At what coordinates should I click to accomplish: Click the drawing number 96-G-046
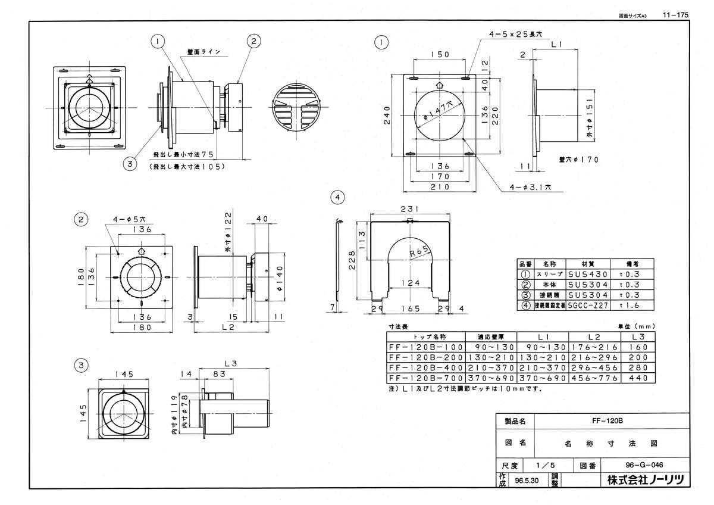[628, 465]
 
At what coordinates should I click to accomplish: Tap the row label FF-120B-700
[425, 378]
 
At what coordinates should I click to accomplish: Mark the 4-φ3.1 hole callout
[531, 186]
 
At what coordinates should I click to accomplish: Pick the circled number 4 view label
[338, 197]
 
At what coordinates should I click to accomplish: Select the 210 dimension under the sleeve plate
[439, 186]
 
